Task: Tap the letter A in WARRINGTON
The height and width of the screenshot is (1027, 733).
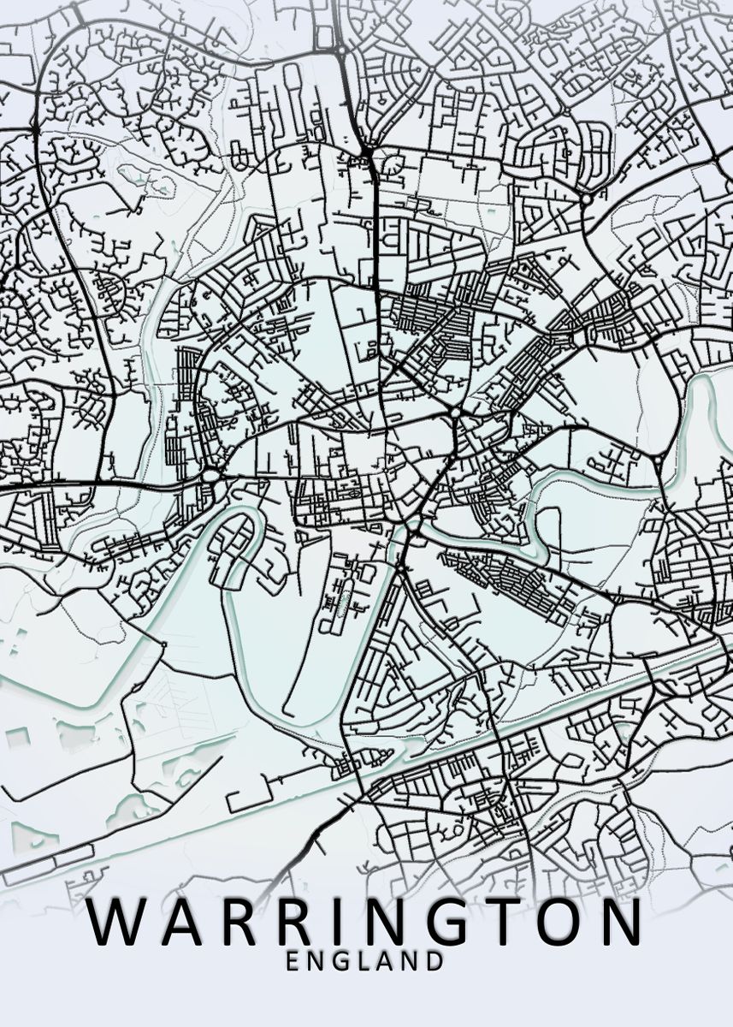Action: pos(182,923)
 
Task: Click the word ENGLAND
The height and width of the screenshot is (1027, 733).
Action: pos(365,961)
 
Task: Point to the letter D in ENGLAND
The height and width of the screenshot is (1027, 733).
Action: pos(435,961)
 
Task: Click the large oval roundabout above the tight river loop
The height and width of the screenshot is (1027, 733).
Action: pos(211,475)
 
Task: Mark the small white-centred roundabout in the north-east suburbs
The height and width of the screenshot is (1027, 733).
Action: pos(587,199)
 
